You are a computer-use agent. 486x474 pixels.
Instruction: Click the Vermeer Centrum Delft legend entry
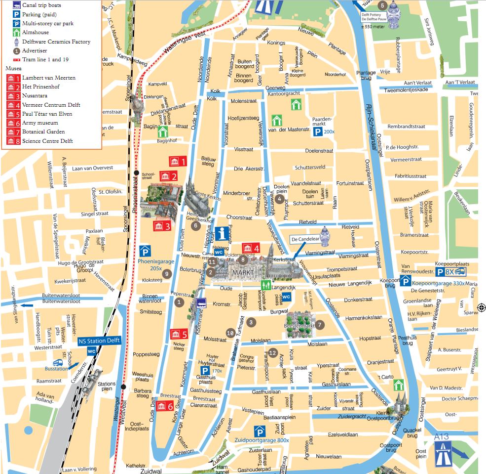pyautogui.click(x=51, y=105)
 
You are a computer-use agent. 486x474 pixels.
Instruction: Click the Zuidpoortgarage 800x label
pyautogui.click(x=262, y=440)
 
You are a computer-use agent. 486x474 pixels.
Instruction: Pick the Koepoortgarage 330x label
pyautogui.click(x=439, y=283)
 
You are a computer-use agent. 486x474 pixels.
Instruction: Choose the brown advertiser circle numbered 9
pyautogui.click(x=167, y=273)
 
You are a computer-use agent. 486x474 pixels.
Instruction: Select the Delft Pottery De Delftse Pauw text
pyautogui.click(x=373, y=17)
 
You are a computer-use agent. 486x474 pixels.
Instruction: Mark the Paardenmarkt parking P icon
pyautogui.click(x=319, y=132)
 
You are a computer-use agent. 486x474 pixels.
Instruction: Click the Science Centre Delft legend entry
pyautogui.click(x=47, y=141)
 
